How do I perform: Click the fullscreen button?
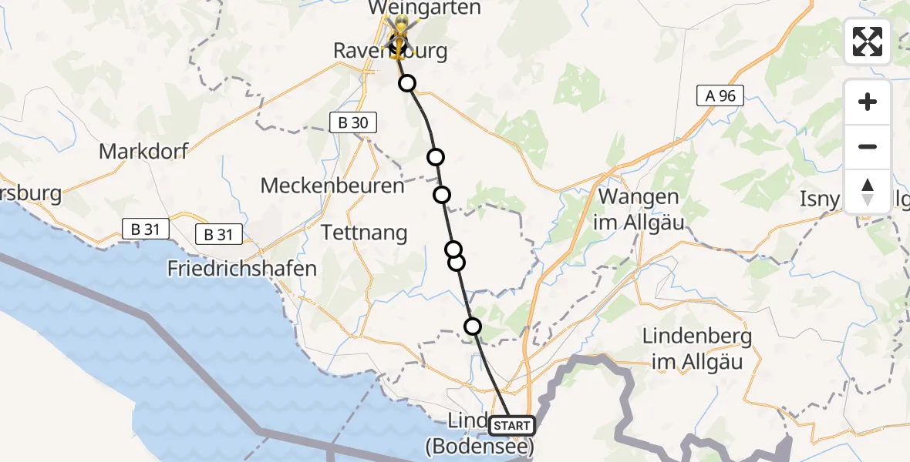pyautogui.click(x=868, y=42)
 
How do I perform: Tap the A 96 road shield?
pyautogui.click(x=720, y=96)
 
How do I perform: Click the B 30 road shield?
pyautogui.click(x=354, y=122)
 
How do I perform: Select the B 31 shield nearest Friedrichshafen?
pyautogui.click(x=219, y=235)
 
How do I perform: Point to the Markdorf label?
pyautogui.click(x=143, y=150)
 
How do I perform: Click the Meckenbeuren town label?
pyautogui.click(x=332, y=186)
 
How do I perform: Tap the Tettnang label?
pyautogui.click(x=364, y=232)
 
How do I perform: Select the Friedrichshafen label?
pyautogui.click(x=243, y=269)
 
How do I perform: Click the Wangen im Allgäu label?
pyautogui.click(x=639, y=209)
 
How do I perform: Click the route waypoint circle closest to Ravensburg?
pyautogui.click(x=406, y=83)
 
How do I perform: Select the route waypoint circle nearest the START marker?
pyautogui.click(x=473, y=326)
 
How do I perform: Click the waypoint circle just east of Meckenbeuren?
pyautogui.click(x=442, y=194)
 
